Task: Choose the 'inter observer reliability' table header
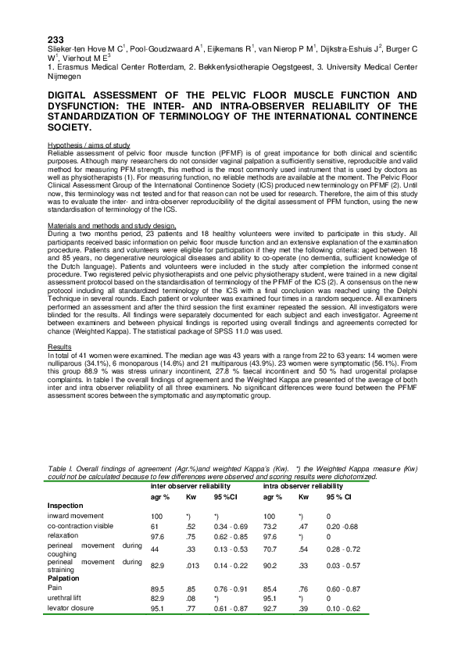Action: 192,486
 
